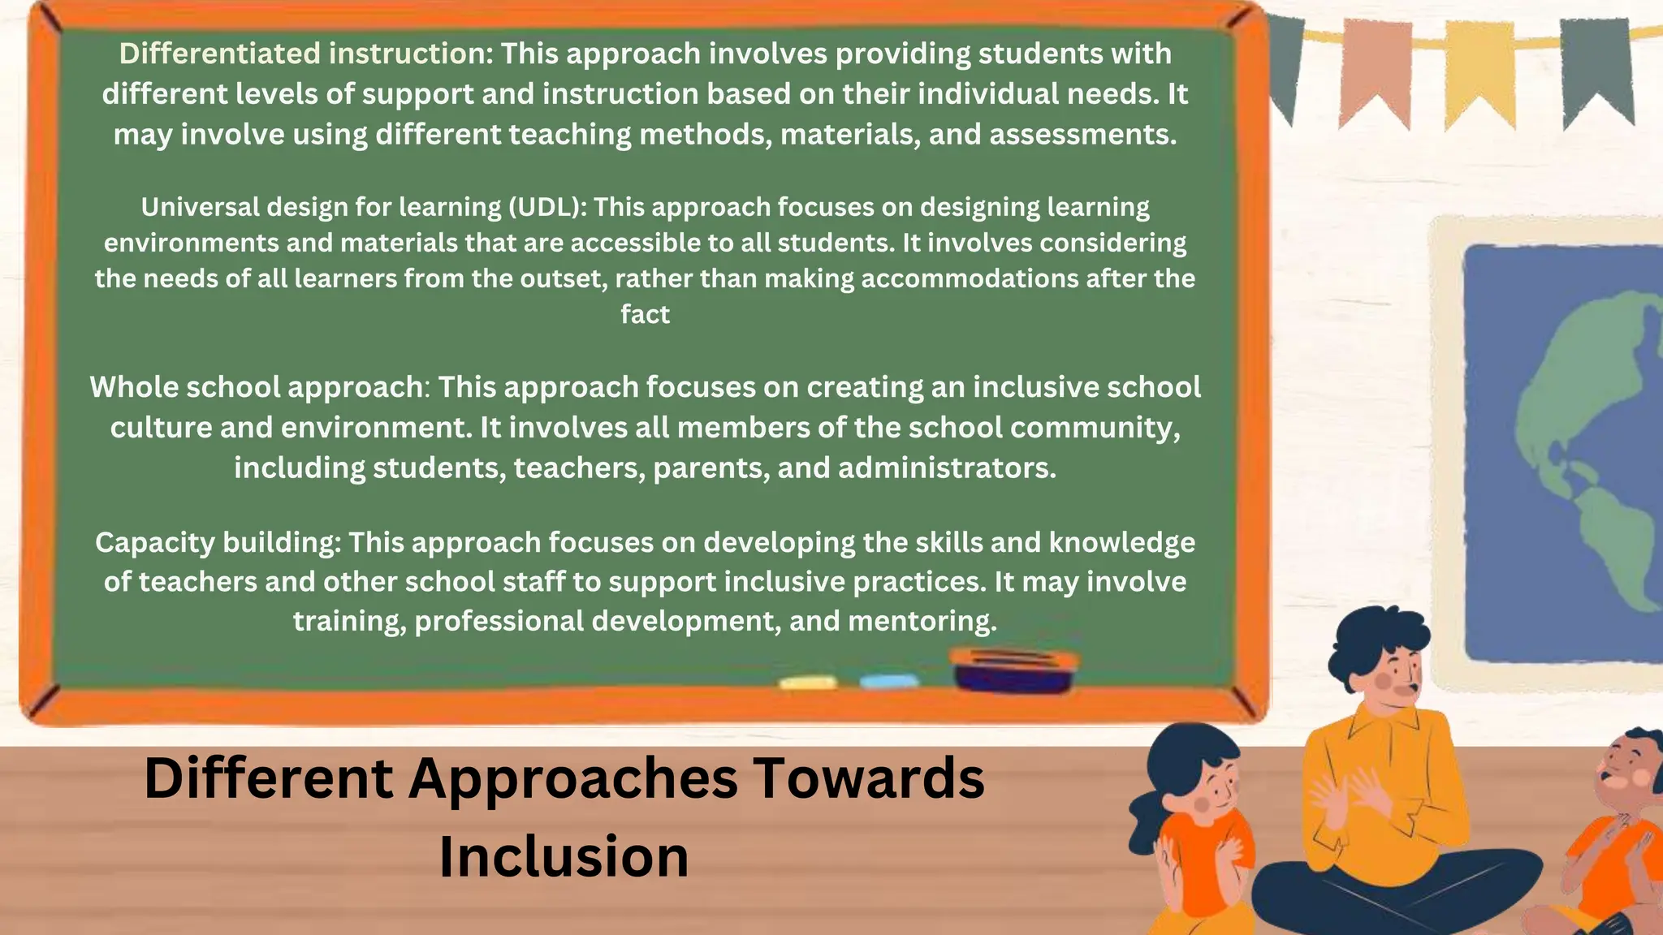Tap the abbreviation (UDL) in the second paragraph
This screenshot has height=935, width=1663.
pyautogui.click(x=546, y=208)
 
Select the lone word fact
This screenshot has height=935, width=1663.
pyautogui.click(x=645, y=314)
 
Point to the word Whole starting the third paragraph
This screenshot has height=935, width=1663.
pyautogui.click(x=133, y=387)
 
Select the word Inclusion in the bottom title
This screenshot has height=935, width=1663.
pyautogui.click(x=564, y=857)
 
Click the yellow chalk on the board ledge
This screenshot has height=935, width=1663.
pyautogui.click(x=807, y=683)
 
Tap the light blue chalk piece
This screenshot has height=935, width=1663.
pyautogui.click(x=888, y=681)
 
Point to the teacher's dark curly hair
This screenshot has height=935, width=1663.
pyautogui.click(x=1372, y=641)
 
